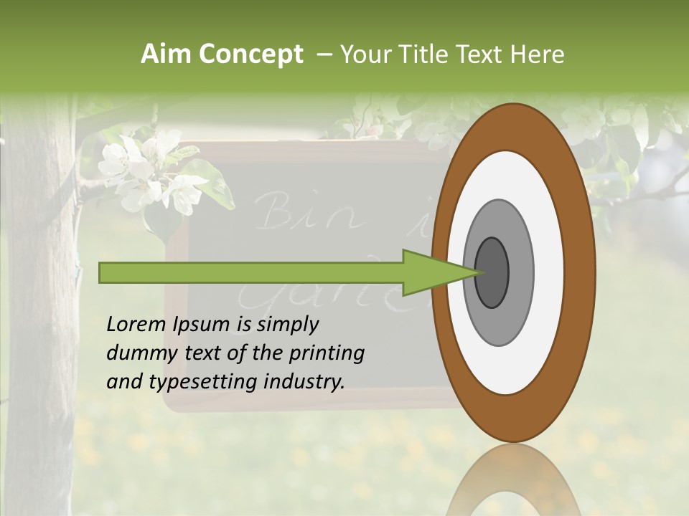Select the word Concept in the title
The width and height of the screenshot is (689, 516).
click(250, 54)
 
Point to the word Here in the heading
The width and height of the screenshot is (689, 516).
click(538, 54)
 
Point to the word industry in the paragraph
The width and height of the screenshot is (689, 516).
click(304, 382)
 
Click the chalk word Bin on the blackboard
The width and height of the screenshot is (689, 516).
click(283, 210)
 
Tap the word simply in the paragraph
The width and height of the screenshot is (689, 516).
click(287, 325)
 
